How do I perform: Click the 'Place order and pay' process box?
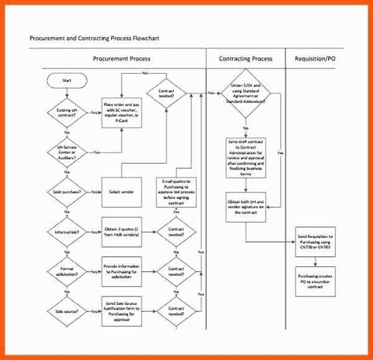[126, 112]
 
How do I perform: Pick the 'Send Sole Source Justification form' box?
[126, 310]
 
